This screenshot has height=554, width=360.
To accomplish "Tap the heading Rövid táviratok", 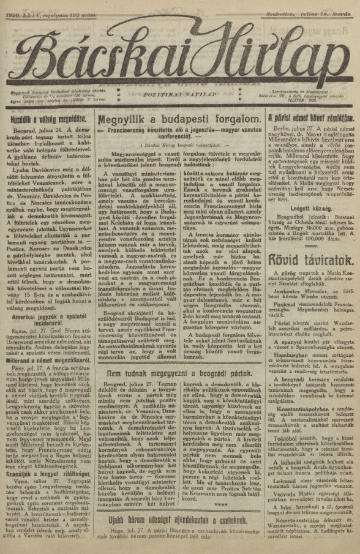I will pos(304,259).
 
